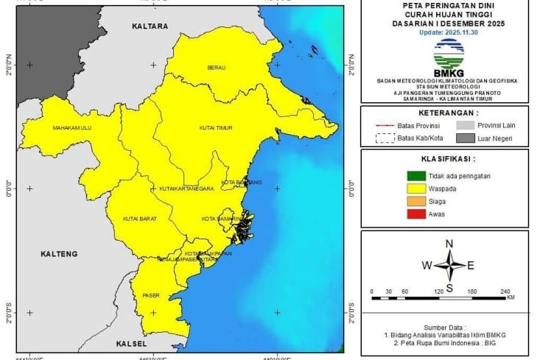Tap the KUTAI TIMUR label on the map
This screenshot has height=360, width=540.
click(x=216, y=128)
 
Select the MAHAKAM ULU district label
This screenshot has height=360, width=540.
click(x=71, y=128)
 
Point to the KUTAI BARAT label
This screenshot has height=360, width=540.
click(x=139, y=219)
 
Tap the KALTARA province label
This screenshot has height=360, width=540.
click(x=150, y=27)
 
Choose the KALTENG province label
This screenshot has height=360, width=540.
click(x=59, y=254)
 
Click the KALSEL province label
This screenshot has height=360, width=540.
click(x=132, y=344)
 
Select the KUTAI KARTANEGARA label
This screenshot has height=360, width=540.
click(x=186, y=189)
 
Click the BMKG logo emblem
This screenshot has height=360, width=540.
click(x=449, y=54)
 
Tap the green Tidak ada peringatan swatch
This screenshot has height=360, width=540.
click(x=414, y=176)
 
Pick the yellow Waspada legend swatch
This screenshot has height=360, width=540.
click(x=414, y=188)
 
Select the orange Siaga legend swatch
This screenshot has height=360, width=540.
click(x=414, y=201)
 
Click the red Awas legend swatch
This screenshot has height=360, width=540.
click(x=414, y=214)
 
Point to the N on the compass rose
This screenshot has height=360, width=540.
click(x=449, y=244)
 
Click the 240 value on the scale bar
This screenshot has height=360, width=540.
click(x=505, y=292)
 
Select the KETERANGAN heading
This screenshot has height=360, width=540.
click(x=448, y=113)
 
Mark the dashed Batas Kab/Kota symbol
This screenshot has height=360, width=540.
click(x=385, y=138)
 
